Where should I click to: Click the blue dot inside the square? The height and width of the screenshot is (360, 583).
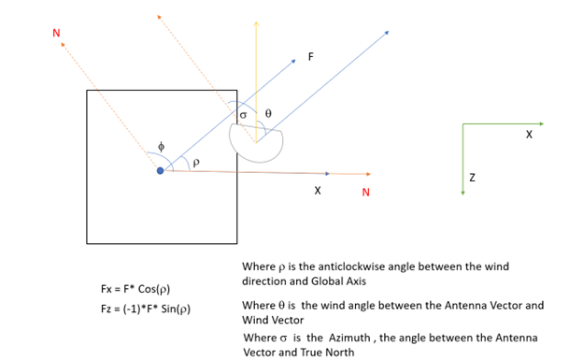tap(160, 170)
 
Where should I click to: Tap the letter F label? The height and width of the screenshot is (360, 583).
tap(311, 57)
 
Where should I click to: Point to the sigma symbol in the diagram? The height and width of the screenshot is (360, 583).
tap(244, 116)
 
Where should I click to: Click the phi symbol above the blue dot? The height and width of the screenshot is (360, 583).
tap(161, 147)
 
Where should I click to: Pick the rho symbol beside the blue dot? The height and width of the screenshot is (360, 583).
tap(194, 162)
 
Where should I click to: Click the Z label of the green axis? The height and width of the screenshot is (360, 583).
tap(472, 177)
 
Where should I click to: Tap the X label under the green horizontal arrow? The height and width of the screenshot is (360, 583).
tap(529, 135)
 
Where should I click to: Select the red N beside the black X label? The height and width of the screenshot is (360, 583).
tap(365, 193)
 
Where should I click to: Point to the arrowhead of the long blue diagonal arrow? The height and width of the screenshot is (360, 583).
tap(386, 32)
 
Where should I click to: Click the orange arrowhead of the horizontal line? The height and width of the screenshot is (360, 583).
tap(369, 174)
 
